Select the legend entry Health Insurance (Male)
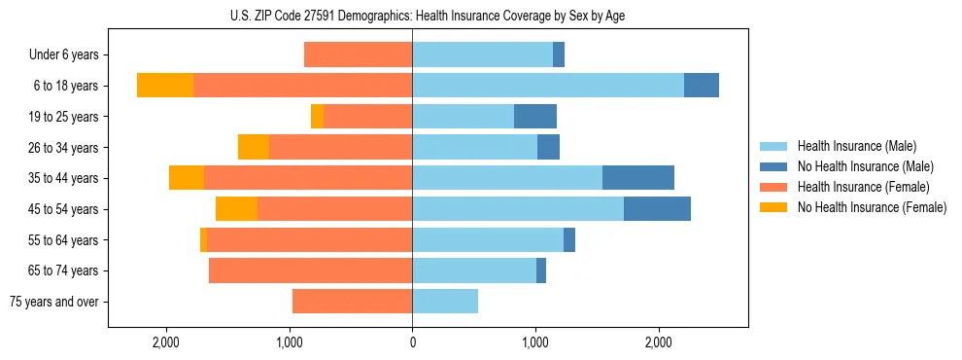pos(856,146)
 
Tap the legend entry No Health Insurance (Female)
pos(872,207)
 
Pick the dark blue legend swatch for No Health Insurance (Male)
pos(774,166)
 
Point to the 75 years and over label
pos(54,302)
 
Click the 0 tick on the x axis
pos(412,342)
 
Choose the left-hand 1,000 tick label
pos(290,342)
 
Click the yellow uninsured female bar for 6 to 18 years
pos(164,86)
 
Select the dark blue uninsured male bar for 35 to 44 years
pos(637,178)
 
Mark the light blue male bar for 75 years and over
pos(445,302)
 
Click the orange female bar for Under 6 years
pos(358,55)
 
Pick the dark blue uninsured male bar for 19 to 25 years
pos(534,117)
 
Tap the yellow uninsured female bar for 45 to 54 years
pos(236,209)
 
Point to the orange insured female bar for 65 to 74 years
pos(310,270)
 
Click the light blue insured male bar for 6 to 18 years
pos(548,86)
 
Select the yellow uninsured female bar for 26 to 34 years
pos(253,148)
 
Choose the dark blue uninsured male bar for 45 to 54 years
pos(657,209)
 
